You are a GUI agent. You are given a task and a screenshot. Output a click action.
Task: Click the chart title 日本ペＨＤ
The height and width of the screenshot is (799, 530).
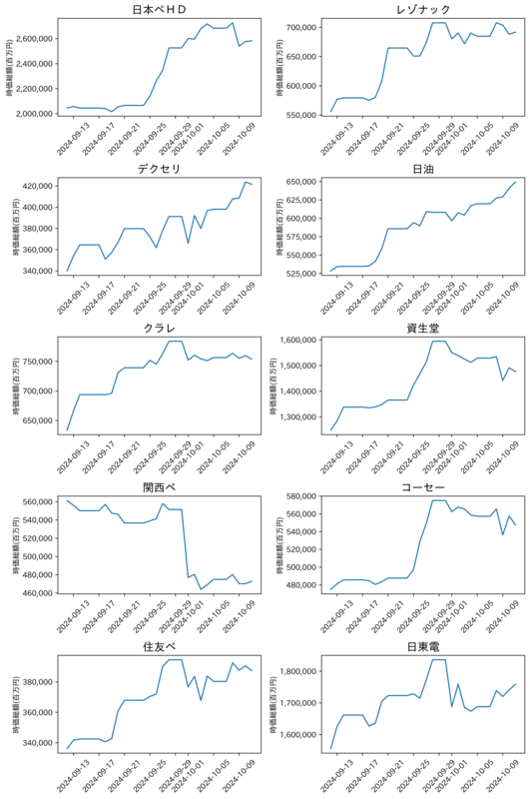(x=159, y=10)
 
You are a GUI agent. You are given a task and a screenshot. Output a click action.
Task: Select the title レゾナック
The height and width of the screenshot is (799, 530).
(x=423, y=10)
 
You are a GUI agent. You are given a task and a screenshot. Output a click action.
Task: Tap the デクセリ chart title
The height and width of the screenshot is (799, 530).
(x=159, y=169)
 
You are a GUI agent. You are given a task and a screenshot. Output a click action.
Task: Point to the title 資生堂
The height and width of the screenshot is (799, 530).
(x=423, y=329)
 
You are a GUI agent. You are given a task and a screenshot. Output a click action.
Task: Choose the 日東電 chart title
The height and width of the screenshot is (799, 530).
(x=423, y=646)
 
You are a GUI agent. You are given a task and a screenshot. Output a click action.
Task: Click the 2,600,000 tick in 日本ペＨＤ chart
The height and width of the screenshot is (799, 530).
(x=35, y=39)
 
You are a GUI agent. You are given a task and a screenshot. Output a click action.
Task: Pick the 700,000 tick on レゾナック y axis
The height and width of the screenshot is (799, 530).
(x=301, y=27)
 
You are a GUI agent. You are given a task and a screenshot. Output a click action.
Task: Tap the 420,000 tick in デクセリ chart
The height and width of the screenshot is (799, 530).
(x=38, y=186)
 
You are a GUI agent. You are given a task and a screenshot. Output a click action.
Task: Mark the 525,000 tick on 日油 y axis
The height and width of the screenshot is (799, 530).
(x=301, y=274)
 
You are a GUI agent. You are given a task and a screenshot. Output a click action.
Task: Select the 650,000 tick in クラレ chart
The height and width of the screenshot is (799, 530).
(x=38, y=420)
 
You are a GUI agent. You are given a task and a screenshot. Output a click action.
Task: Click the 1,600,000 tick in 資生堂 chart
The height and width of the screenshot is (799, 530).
(x=298, y=340)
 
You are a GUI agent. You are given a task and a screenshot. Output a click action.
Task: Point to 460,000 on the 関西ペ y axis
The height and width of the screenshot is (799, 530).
(x=38, y=593)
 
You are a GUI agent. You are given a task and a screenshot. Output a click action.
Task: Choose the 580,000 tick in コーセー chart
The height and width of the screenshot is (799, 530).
(x=301, y=495)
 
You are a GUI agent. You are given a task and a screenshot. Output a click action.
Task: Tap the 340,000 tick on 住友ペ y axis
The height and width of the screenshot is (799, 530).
(x=38, y=743)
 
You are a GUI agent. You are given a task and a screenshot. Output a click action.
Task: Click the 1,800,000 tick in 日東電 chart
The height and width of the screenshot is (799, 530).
(x=298, y=671)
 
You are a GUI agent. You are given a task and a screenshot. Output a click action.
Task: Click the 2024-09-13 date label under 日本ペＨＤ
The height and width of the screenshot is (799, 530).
(x=73, y=139)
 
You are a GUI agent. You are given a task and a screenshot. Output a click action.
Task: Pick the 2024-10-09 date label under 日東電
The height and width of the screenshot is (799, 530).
(x=502, y=776)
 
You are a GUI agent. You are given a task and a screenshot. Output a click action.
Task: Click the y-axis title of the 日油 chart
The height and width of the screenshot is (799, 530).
(x=280, y=227)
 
